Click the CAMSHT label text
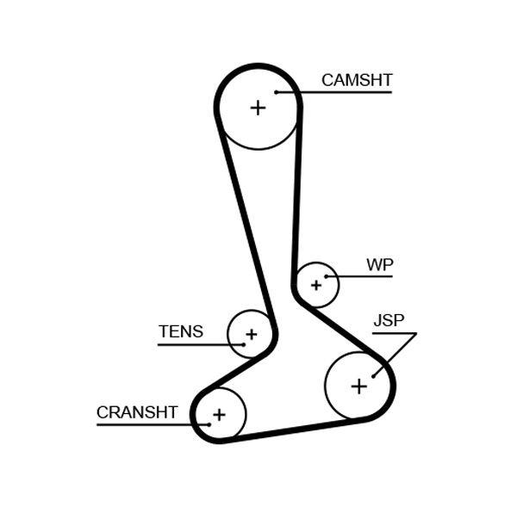357,80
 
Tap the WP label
379,264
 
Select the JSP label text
388,321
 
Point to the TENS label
181,331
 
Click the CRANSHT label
137,412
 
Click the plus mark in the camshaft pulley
258,108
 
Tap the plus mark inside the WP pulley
316,284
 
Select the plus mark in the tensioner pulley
251,334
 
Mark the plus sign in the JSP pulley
359,386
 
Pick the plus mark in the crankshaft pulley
219,415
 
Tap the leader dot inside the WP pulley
326,276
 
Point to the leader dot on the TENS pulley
243,344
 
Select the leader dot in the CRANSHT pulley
209,424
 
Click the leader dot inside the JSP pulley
373,375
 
